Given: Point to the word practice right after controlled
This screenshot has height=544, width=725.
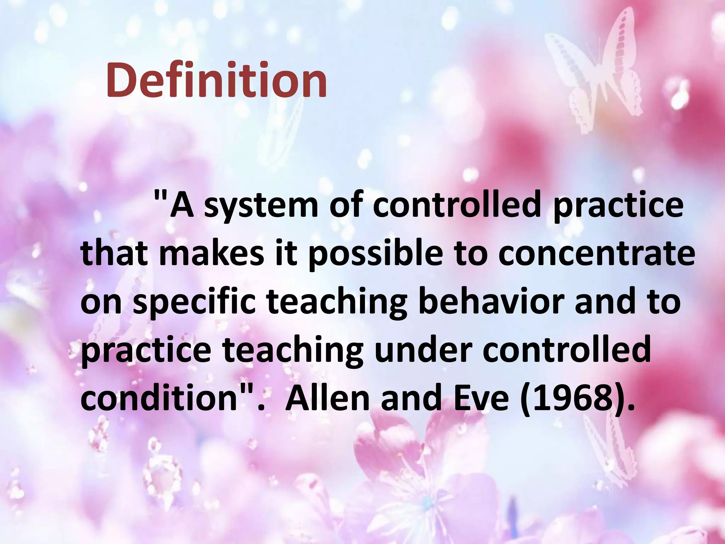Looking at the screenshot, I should click(x=618, y=206).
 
